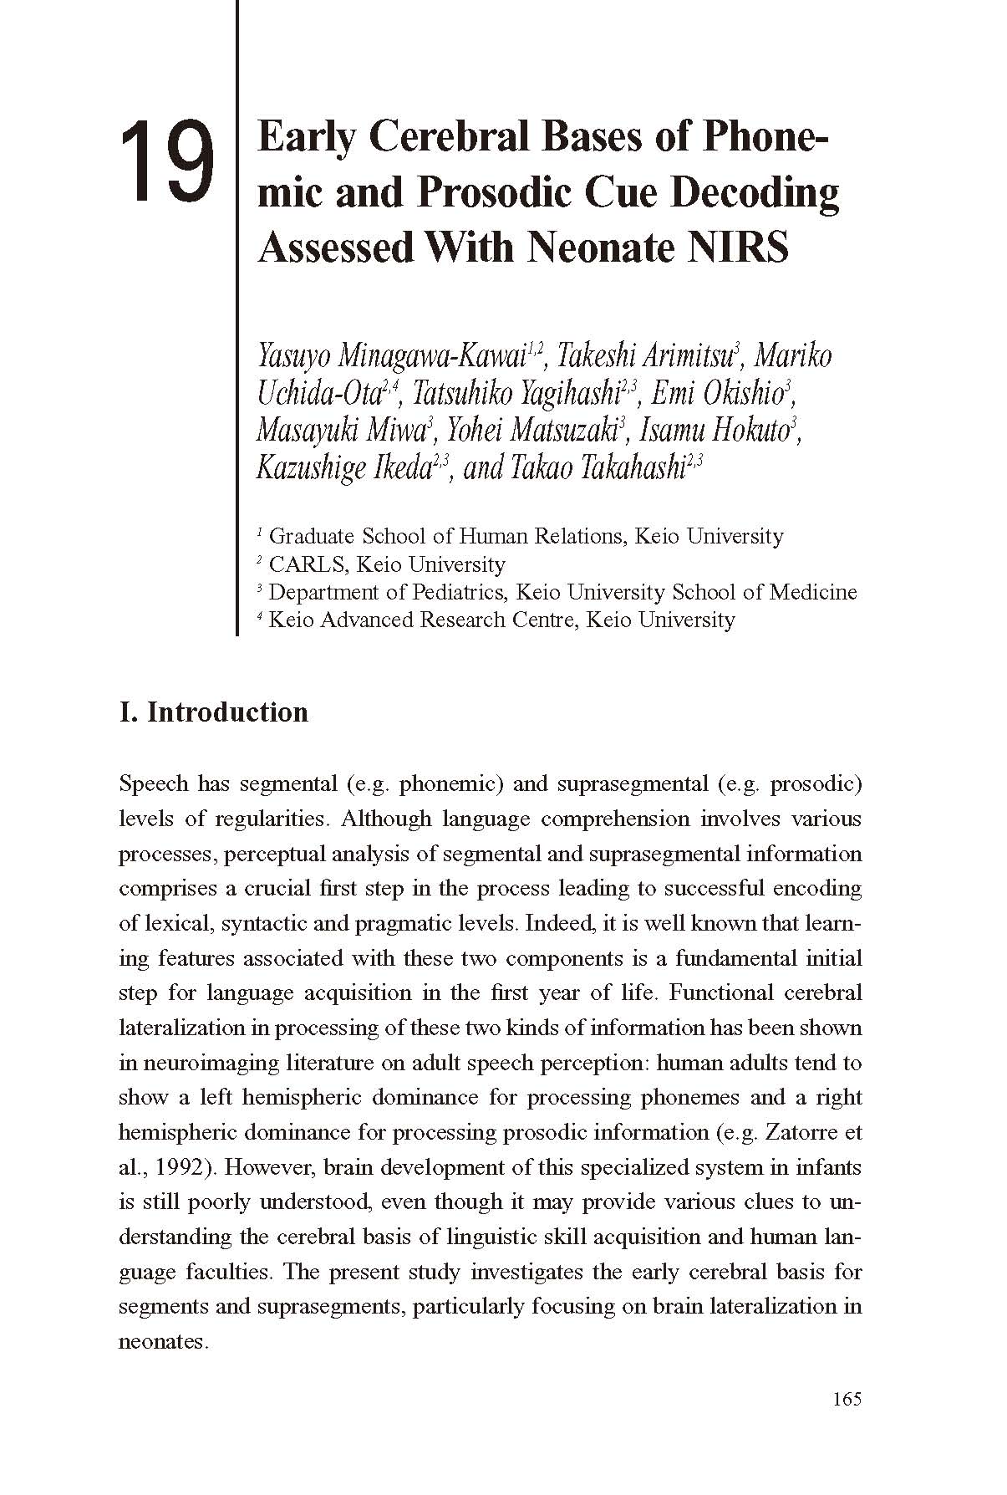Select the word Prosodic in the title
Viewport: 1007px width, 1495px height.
pos(495,191)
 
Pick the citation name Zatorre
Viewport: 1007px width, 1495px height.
pos(796,1132)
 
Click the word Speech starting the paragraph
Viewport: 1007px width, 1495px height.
pos(154,784)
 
